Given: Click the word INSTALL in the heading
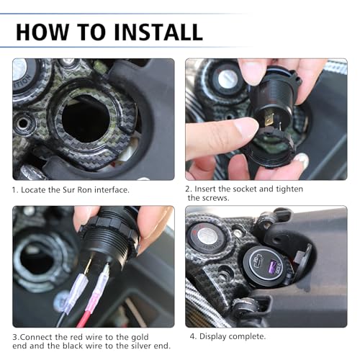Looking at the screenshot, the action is click(158, 32).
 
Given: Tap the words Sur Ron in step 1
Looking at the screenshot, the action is click(77, 190).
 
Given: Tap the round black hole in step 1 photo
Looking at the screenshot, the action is click(86, 118).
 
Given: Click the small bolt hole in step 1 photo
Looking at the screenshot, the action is click(23, 123).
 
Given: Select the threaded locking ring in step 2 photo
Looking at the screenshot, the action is click(271, 148).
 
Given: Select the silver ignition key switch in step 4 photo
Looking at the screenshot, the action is click(207, 235).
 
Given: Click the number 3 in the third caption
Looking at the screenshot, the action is click(15, 337).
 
